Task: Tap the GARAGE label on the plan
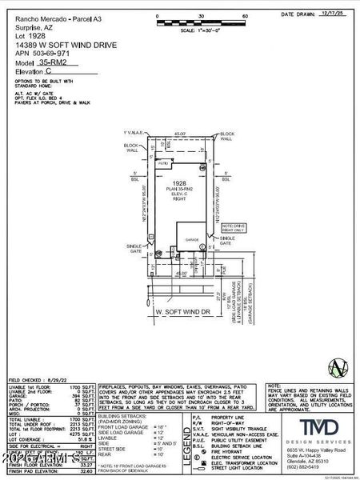click(x=192, y=239)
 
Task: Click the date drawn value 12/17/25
click(x=334, y=14)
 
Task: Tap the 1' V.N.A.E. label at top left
click(x=133, y=132)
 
